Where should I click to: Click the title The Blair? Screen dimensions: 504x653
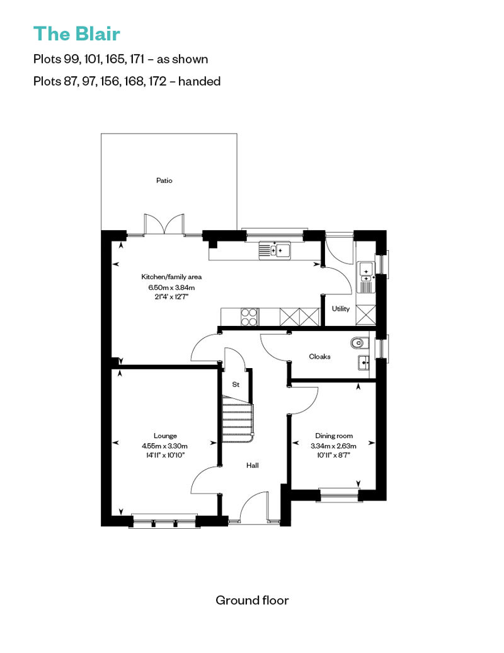(x=77, y=34)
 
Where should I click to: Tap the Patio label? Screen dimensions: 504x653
(x=164, y=180)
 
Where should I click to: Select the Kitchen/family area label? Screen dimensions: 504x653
(x=171, y=277)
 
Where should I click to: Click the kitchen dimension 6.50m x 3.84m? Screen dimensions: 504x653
(x=171, y=287)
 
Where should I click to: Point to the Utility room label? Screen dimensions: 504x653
(x=340, y=309)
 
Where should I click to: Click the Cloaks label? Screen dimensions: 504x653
(x=319, y=357)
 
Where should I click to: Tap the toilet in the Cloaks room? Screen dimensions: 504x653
(x=359, y=343)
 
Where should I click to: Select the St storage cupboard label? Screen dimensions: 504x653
(x=236, y=384)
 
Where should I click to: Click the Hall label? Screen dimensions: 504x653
(x=252, y=465)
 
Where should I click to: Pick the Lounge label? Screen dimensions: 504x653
(x=165, y=436)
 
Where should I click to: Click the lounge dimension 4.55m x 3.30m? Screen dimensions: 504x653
(x=165, y=446)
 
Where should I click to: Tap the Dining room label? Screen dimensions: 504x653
(x=334, y=436)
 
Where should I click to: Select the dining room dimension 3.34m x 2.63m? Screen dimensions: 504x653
(x=333, y=446)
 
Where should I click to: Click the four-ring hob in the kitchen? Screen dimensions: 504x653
(x=249, y=316)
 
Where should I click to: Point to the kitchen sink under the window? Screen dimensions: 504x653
(x=275, y=250)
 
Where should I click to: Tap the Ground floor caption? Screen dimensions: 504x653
(x=252, y=600)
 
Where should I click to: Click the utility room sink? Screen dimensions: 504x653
(x=366, y=277)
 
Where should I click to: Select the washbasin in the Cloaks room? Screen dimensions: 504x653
(x=364, y=362)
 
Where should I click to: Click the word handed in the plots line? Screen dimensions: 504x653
(x=199, y=81)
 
